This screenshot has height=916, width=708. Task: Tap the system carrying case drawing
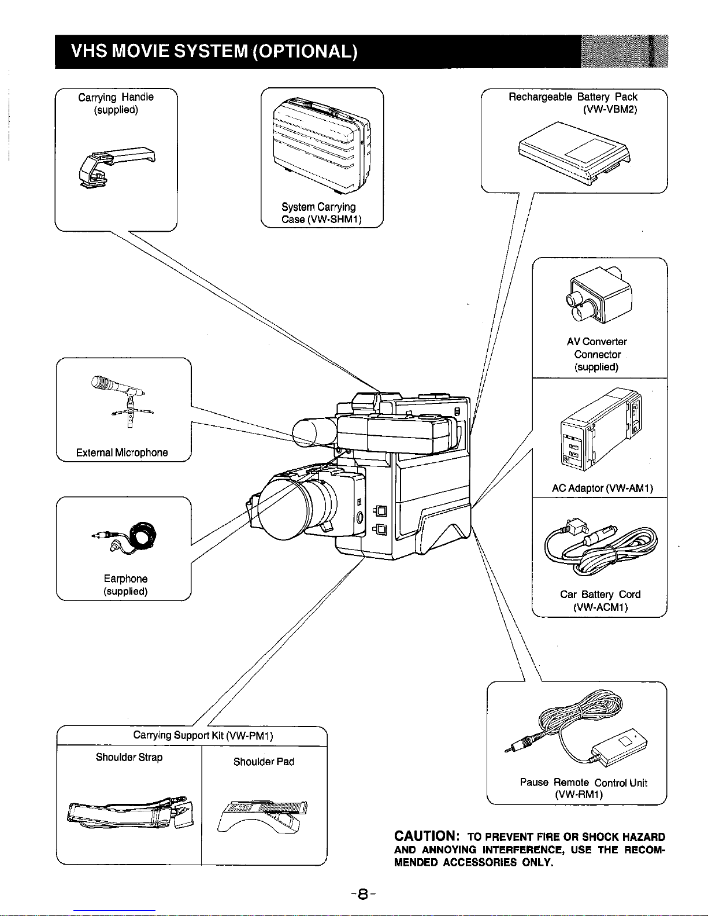321,148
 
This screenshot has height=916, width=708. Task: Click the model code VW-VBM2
610,109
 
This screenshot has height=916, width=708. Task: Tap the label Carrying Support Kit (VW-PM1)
203,735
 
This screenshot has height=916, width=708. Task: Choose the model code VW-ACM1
600,607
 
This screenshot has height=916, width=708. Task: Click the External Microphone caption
122,453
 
